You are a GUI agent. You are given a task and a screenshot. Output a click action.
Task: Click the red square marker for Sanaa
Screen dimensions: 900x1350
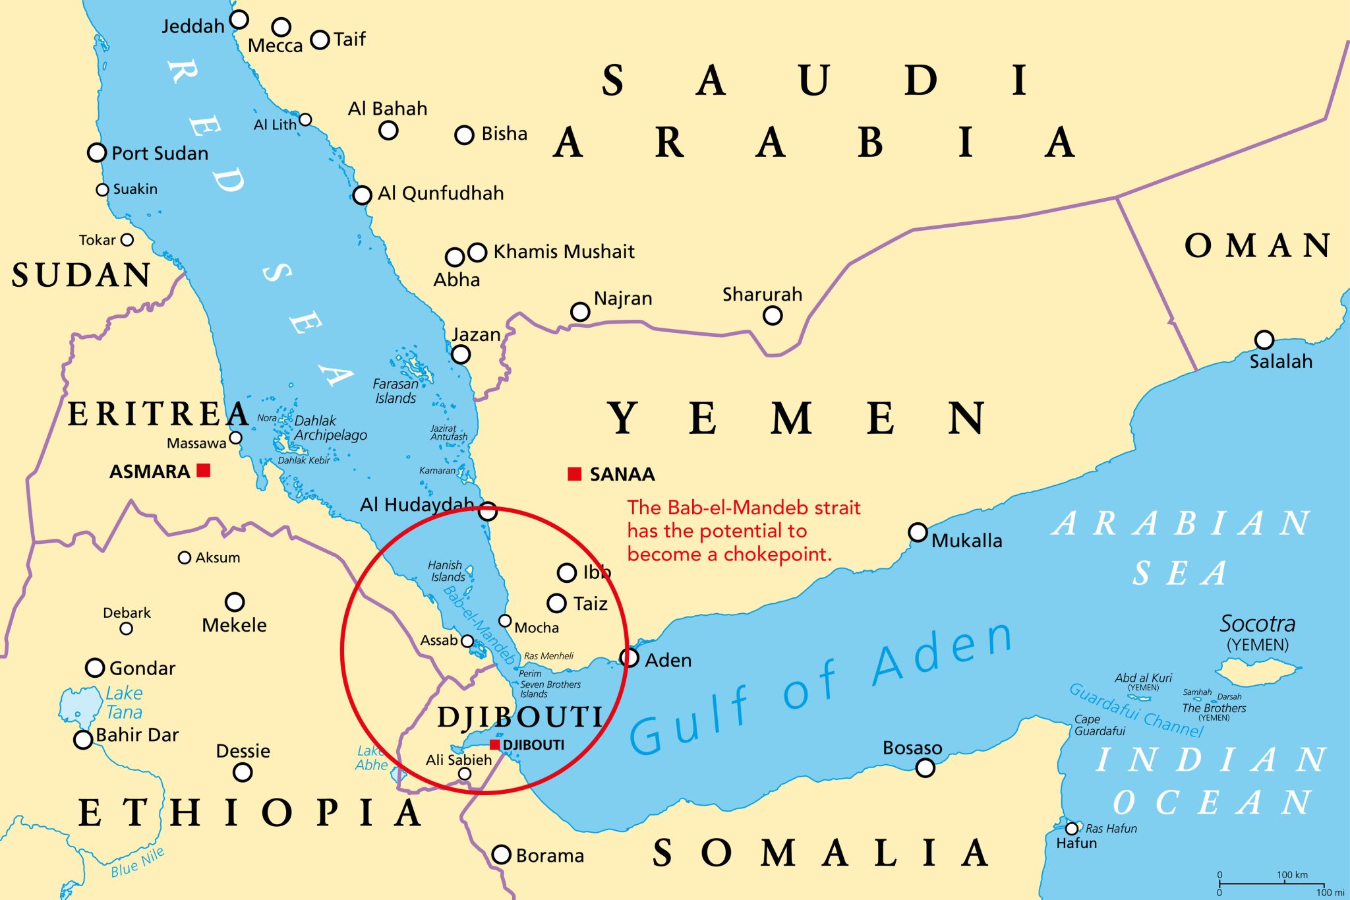575,473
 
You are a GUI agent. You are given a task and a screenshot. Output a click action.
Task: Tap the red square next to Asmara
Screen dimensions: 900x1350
204,470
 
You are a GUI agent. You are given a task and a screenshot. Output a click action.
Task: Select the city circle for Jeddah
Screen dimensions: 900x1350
239,19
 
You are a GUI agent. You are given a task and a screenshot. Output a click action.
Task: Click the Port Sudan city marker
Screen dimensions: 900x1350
97,152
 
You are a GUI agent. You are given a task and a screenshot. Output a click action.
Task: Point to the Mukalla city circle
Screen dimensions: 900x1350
918,532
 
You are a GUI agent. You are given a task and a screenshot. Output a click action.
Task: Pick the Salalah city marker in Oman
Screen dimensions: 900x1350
1264,340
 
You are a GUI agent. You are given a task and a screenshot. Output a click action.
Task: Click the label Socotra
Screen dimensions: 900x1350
1257,624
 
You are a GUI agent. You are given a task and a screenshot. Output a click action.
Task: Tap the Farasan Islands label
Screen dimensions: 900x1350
395,391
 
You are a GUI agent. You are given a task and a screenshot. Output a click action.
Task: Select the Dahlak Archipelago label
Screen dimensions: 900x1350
330,428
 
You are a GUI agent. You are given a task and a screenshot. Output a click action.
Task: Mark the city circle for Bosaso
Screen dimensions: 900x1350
925,767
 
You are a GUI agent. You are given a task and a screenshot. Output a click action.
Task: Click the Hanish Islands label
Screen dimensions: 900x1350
447,571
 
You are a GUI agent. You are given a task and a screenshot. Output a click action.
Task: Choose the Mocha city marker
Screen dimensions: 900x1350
505,620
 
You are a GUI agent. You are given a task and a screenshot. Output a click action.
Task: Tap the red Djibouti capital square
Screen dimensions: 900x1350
495,744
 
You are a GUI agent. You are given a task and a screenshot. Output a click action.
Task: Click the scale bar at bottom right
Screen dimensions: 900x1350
1271,884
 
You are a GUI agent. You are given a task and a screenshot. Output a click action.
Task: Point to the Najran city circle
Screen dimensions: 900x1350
579,311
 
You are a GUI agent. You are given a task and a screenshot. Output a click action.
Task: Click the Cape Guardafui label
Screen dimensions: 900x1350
1099,725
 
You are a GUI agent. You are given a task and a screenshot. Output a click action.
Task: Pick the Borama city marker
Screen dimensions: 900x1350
502,855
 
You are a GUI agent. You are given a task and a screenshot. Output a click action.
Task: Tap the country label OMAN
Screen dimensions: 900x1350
1257,246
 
